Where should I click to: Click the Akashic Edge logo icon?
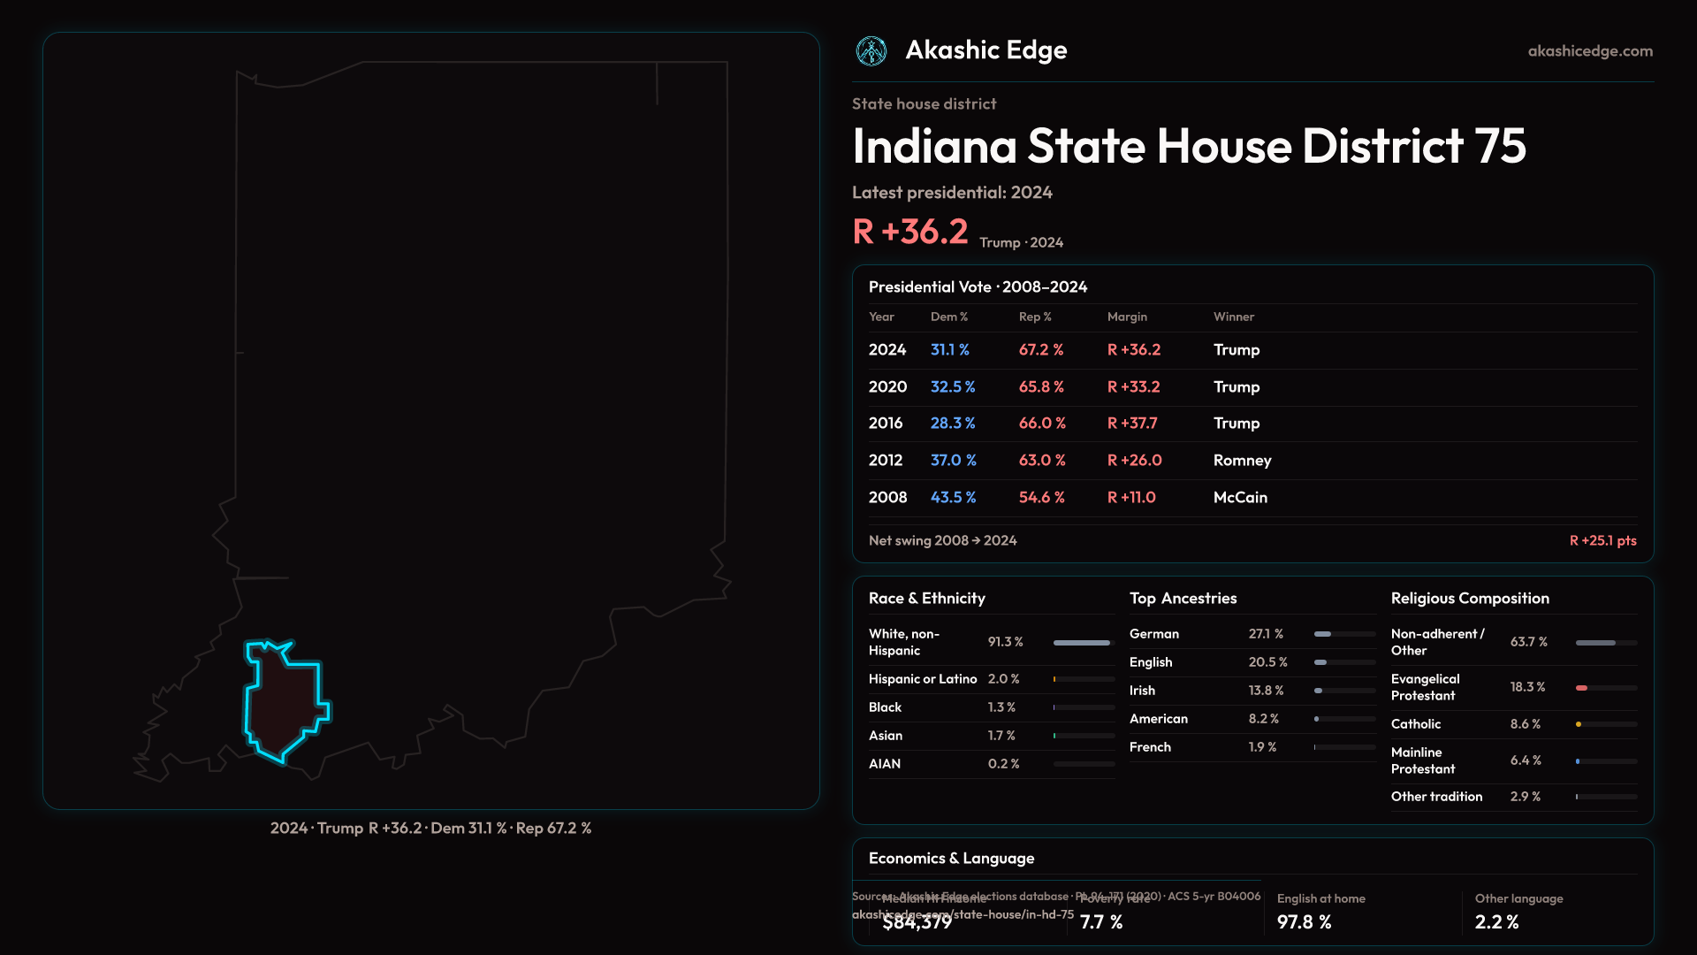[x=871, y=51]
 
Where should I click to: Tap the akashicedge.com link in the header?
[x=1590, y=51]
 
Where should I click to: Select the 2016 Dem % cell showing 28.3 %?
[x=952, y=424]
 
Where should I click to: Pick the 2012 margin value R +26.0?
[x=1134, y=461]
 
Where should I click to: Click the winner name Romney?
[x=1242, y=461]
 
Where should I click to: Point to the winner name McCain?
[x=1240, y=498]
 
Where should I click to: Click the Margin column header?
[x=1127, y=317]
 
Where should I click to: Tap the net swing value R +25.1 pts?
[x=1602, y=540]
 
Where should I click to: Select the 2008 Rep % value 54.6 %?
[x=1041, y=498]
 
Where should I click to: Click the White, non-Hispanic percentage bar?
[x=1082, y=643]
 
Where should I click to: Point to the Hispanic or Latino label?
[x=922, y=679]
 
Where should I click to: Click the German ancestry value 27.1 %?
[x=1266, y=634]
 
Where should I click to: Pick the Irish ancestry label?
[x=1142, y=691]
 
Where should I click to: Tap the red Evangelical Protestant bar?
[x=1582, y=688]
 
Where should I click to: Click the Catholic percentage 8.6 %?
[x=1525, y=724]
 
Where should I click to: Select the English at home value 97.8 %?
[x=1304, y=922]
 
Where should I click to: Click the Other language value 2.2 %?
[x=1496, y=922]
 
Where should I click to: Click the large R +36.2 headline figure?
[x=910, y=232]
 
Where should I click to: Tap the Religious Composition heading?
[x=1469, y=599]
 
